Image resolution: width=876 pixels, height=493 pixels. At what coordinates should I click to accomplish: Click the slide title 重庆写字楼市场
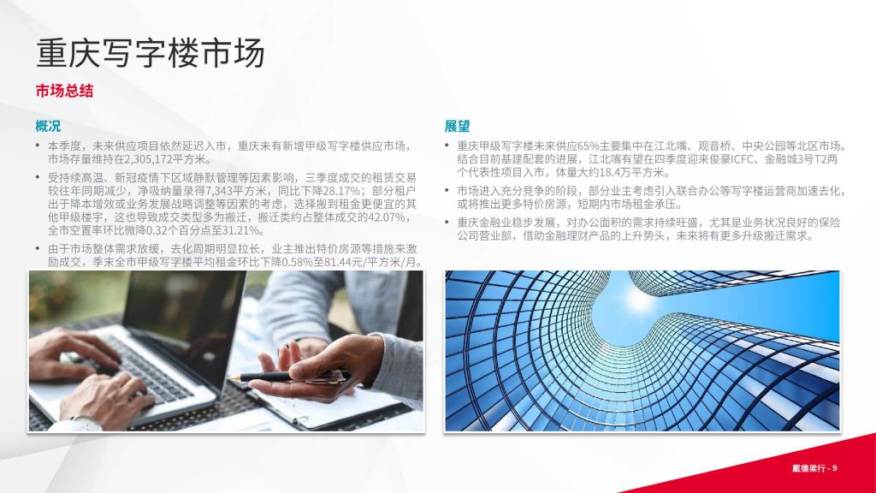pyautogui.click(x=151, y=54)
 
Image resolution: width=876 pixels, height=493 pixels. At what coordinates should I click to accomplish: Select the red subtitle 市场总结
pyautogui.click(x=64, y=91)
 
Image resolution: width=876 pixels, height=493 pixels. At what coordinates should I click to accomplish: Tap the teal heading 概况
pyautogui.click(x=48, y=127)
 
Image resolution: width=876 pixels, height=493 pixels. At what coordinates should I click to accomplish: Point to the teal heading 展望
pyautogui.click(x=457, y=127)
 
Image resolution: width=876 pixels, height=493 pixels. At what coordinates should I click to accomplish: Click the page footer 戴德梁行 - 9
pyautogui.click(x=814, y=468)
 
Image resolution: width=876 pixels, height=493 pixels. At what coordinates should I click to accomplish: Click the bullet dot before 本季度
pyautogui.click(x=38, y=146)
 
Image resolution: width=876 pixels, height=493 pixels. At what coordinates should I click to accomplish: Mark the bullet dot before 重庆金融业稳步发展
pyautogui.click(x=447, y=223)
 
